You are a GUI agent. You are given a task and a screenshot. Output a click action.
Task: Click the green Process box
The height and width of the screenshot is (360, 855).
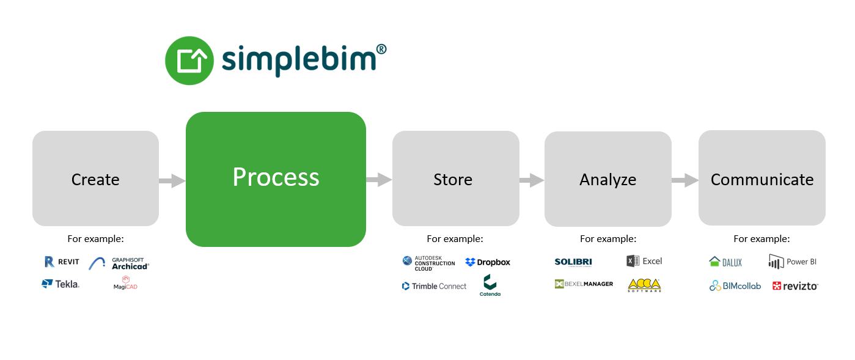point(276,179)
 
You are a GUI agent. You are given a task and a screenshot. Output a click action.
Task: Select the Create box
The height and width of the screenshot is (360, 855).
point(95,178)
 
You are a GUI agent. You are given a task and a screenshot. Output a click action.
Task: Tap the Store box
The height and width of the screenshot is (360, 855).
point(455,178)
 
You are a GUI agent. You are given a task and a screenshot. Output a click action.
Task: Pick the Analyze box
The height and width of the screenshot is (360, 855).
point(607,178)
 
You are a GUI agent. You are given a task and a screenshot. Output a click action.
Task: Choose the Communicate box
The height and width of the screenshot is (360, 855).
point(761,178)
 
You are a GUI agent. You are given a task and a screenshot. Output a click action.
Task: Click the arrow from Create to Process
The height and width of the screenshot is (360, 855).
point(172,180)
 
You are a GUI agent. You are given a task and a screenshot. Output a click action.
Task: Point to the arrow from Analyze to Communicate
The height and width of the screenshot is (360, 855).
point(684,180)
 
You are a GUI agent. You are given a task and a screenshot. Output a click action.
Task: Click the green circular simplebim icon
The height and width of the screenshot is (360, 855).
point(189,60)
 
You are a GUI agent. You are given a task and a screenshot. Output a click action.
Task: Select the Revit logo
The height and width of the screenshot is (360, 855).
point(62,262)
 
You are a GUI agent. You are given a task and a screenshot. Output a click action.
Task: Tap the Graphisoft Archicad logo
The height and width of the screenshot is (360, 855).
point(119,263)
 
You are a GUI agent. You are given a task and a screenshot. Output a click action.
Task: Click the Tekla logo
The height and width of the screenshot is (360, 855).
point(61,284)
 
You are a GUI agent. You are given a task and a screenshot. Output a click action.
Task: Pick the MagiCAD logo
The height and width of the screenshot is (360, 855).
point(125,282)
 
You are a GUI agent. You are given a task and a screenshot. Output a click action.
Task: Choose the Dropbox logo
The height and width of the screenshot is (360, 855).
point(488,262)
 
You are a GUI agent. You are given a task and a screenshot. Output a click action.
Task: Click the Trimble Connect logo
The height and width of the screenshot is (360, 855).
point(434,286)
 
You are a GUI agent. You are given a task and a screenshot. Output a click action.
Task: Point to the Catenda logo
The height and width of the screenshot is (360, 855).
point(490,285)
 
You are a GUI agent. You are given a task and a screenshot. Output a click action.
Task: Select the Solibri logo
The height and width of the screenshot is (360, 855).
point(573,262)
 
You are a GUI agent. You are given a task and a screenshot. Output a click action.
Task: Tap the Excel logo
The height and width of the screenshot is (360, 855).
point(644,261)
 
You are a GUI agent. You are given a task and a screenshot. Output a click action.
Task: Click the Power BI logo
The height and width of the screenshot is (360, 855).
point(793,262)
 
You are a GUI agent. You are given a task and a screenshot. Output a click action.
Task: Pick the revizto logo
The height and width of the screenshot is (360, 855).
point(795,285)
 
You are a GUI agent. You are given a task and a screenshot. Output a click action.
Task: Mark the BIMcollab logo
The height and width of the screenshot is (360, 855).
point(735,285)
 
